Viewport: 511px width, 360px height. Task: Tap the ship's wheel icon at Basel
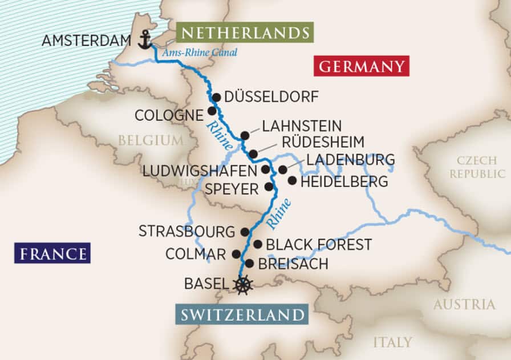(244, 284)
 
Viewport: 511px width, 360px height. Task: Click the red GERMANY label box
(362, 66)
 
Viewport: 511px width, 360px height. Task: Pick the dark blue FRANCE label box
(53, 253)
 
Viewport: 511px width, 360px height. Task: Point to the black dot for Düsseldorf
(216, 97)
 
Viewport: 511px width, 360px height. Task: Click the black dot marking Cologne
(212, 111)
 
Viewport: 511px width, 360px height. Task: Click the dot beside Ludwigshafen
(265, 169)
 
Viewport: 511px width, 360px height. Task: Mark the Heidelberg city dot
(292, 181)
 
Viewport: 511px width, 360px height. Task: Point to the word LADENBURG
(351, 159)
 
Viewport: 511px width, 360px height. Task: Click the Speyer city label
(232, 189)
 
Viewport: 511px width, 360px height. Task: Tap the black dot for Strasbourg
(245, 232)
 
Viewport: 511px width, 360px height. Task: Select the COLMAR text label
(195, 254)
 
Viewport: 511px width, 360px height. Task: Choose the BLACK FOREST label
(319, 245)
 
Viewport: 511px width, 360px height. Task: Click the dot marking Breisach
(249, 264)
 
